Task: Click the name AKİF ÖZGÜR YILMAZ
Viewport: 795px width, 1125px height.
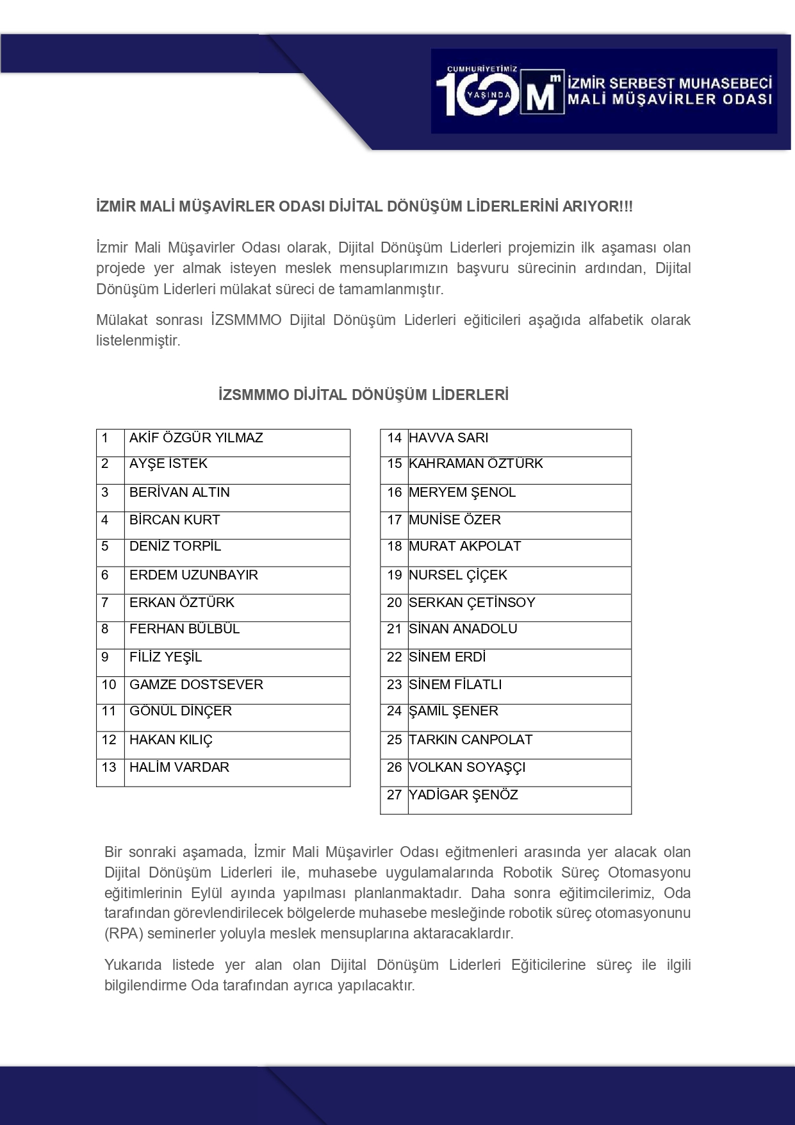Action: point(196,438)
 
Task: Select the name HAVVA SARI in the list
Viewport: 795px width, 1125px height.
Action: point(448,438)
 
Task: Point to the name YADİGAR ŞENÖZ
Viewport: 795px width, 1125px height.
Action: point(463,795)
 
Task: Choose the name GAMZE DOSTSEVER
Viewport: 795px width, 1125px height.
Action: point(196,685)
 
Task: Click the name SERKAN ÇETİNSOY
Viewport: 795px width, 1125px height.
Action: point(471,603)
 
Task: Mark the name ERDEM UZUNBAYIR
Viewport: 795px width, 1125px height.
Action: point(193,575)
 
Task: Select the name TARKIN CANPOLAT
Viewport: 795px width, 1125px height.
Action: point(470,740)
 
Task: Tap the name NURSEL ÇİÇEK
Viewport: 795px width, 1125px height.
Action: point(458,575)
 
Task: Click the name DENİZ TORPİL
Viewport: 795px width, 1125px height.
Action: point(175,546)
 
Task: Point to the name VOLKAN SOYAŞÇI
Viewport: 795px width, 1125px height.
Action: point(467,767)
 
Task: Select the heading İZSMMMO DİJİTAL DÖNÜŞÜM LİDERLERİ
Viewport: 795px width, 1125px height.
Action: point(363,395)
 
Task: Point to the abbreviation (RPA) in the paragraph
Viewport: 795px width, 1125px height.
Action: point(124,933)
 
